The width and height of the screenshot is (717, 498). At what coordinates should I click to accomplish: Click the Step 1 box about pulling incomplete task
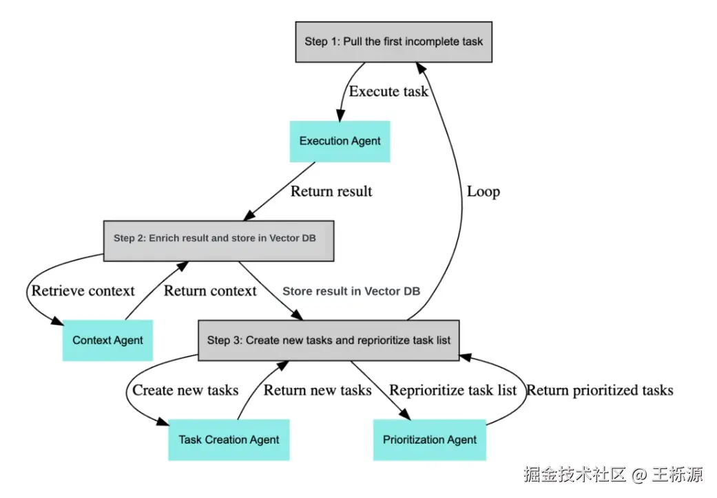394,41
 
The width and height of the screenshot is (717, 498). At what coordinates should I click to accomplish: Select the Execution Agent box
340,142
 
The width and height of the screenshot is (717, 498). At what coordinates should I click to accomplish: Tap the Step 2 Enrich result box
218,241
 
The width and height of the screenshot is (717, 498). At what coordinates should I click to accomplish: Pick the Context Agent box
107,340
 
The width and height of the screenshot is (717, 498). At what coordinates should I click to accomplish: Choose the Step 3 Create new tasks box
329,340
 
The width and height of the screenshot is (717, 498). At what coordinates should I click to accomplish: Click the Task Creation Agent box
229,440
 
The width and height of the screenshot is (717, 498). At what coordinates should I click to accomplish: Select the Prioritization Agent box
429,440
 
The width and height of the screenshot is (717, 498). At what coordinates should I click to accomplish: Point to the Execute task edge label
388,91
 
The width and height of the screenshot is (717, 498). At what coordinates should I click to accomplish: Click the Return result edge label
331,191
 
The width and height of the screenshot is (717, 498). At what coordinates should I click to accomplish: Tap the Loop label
484,192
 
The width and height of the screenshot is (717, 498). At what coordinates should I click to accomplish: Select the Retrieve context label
83,291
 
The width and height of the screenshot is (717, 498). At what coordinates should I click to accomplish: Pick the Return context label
210,291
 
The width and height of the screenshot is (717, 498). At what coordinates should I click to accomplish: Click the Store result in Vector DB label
351,291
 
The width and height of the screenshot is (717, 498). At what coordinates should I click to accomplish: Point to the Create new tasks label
185,390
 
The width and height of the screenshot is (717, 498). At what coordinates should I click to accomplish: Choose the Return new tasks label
318,390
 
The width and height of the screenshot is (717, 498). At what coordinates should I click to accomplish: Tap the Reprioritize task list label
453,391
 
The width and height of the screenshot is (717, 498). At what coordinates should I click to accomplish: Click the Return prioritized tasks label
600,391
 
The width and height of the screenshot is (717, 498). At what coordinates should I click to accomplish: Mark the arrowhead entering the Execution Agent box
340,116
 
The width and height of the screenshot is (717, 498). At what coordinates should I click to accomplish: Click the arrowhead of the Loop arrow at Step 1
421,68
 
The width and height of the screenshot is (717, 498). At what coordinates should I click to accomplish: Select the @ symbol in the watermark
638,475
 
